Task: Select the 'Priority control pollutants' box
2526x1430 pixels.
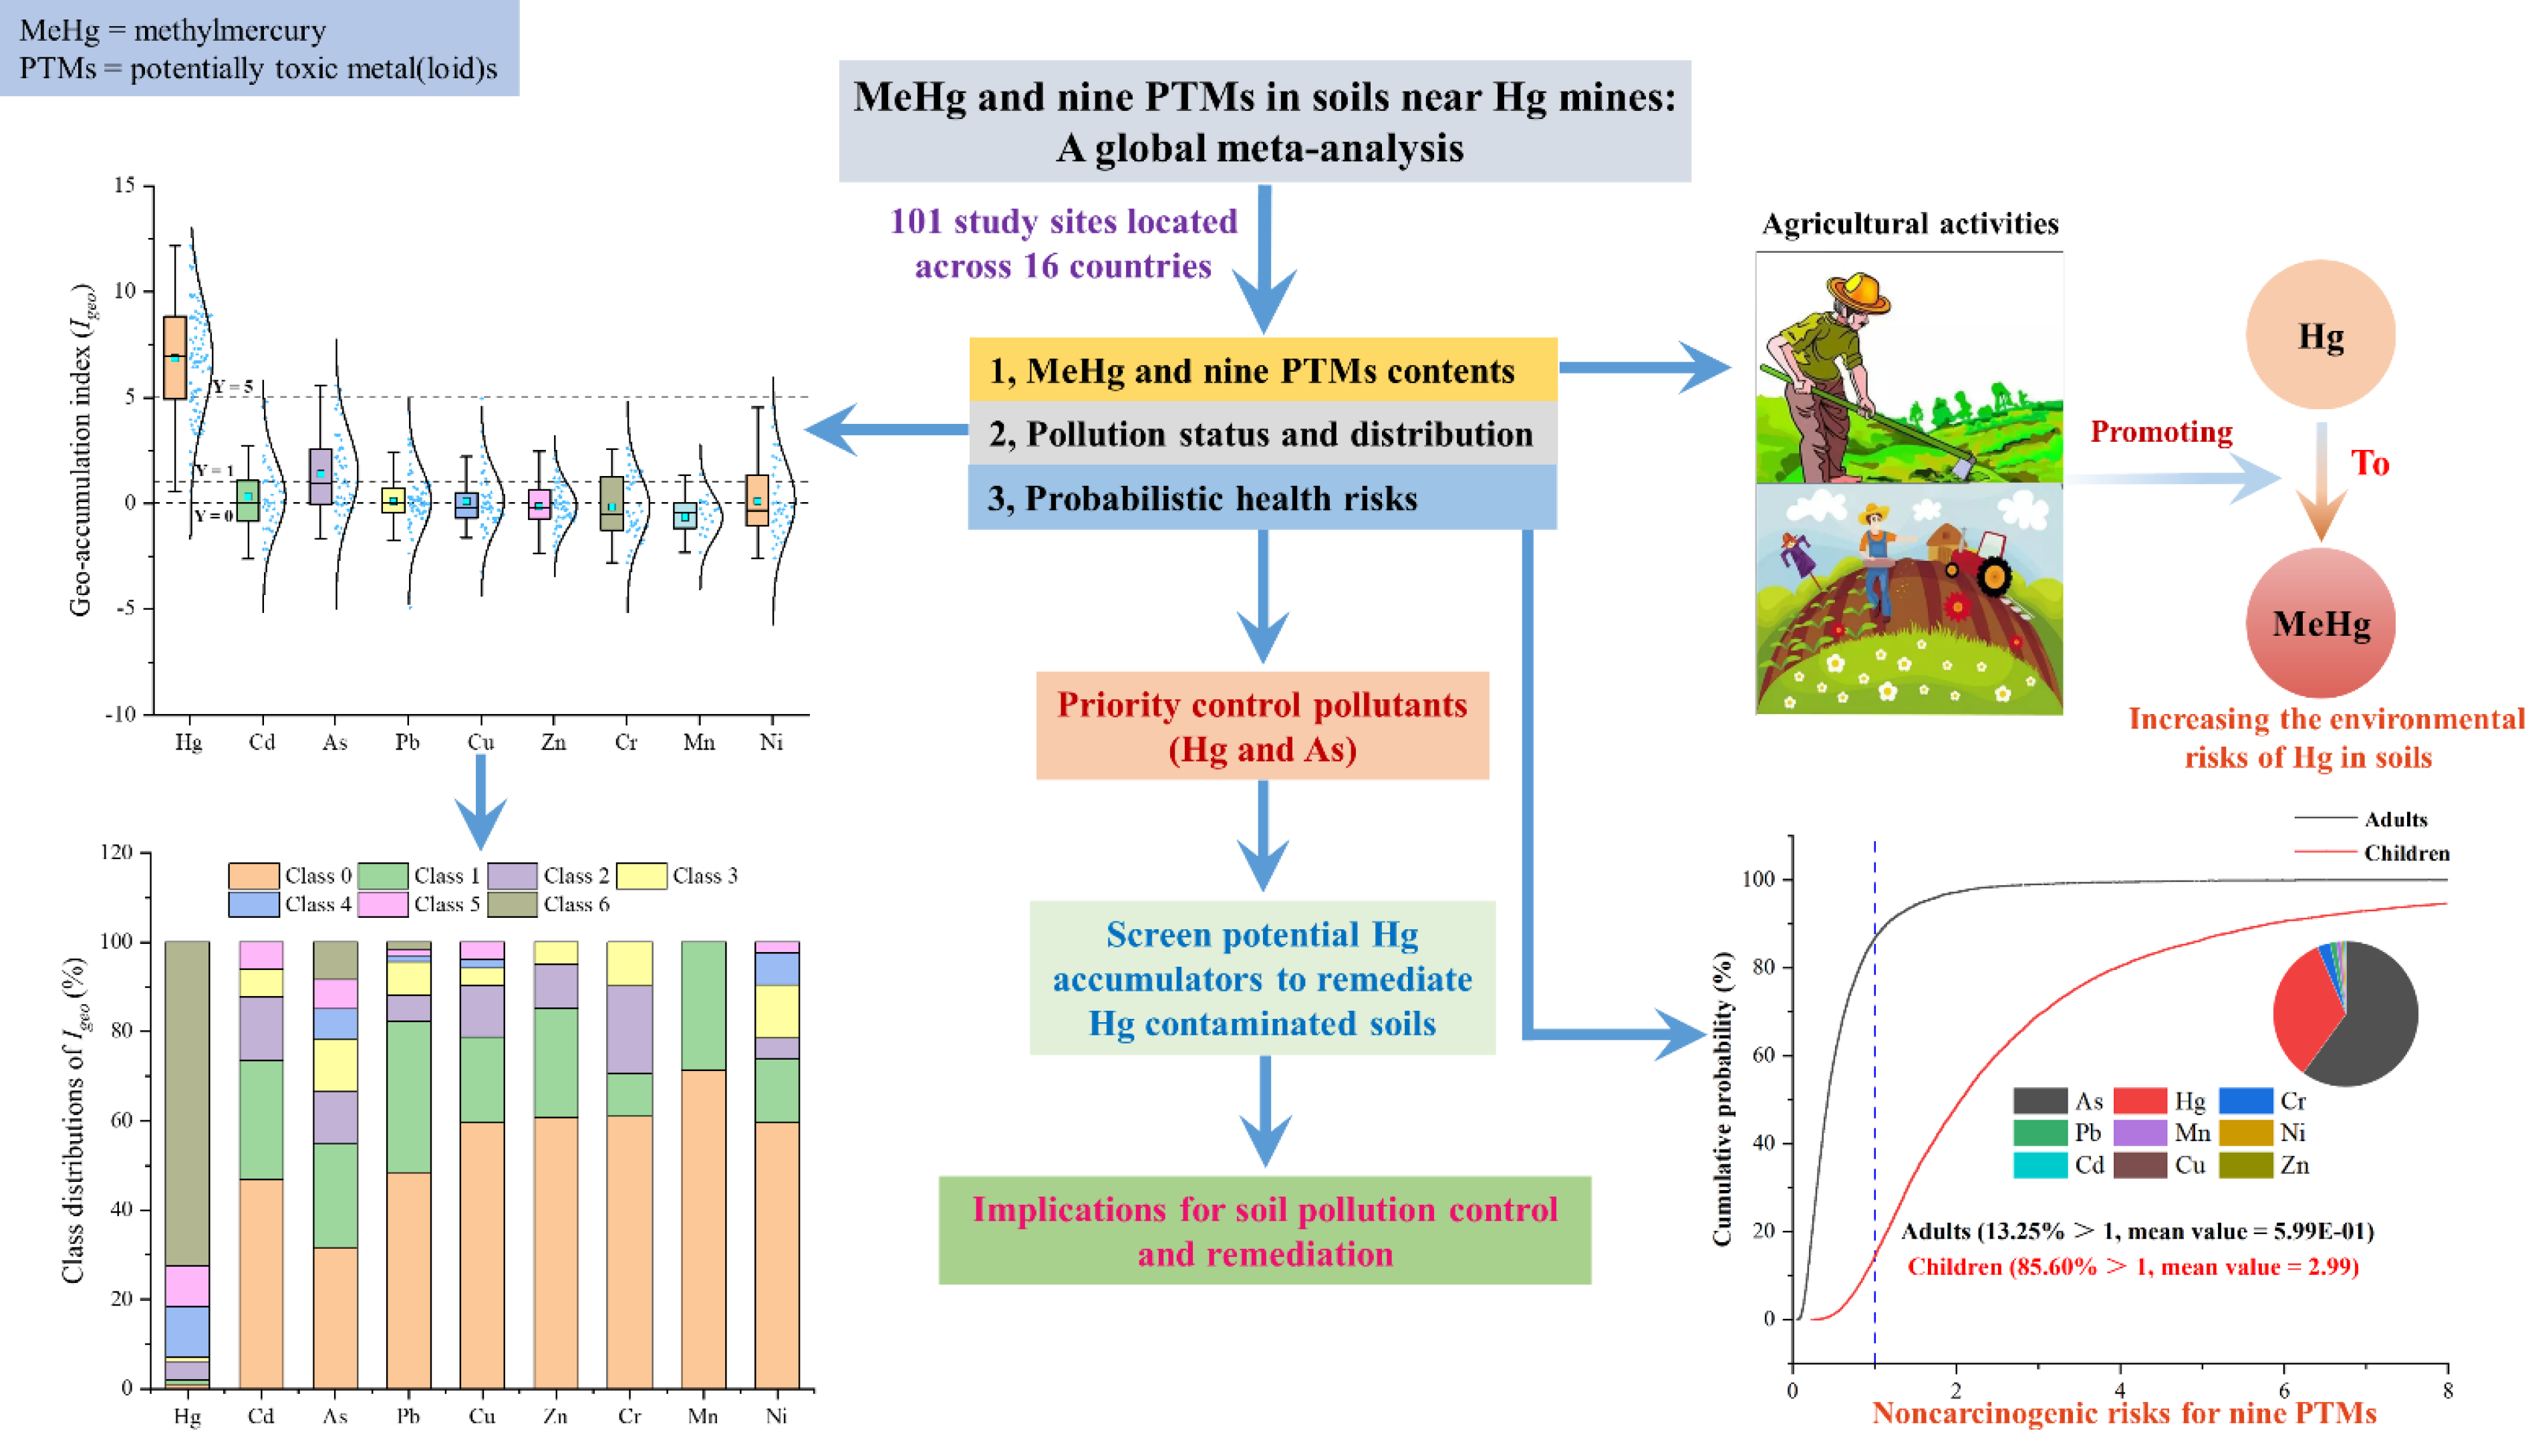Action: tap(1262, 726)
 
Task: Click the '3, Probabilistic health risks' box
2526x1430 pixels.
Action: tap(1262, 498)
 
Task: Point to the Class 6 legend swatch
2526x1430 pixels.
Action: tap(513, 904)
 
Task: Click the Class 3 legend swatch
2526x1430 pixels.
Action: tap(641, 875)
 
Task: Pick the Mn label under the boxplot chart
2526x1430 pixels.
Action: tap(699, 743)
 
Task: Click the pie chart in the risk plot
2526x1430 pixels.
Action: tap(2346, 1014)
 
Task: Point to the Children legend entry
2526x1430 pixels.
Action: tap(2405, 852)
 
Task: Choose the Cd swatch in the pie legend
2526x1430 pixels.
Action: tap(2039, 1165)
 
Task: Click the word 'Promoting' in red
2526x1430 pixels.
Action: tap(2160, 432)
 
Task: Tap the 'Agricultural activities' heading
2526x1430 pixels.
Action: tap(1909, 224)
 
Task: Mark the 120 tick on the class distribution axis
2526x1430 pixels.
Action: tap(117, 852)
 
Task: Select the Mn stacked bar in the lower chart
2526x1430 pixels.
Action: tap(703, 1164)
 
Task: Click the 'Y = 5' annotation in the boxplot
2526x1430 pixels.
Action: tap(234, 387)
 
